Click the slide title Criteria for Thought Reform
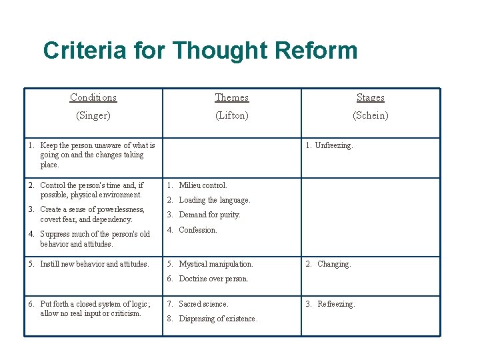tap(200, 51)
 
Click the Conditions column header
tap(93, 97)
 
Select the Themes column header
tap(231, 97)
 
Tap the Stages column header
tap(370, 97)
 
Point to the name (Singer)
tap(93, 115)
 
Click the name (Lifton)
tap(231, 115)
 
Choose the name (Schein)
tap(370, 115)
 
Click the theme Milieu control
tap(203, 185)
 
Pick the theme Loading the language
tap(214, 200)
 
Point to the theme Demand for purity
tap(209, 215)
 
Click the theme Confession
tap(198, 230)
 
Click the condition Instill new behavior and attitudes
tap(94, 264)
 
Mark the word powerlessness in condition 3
tap(122, 209)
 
